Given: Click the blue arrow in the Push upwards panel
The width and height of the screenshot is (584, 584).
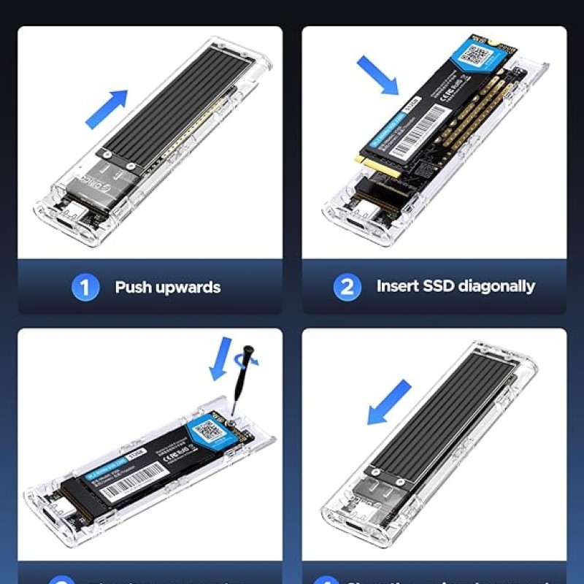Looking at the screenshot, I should click(107, 109).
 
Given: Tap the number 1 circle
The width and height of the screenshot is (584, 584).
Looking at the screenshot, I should click(85, 287).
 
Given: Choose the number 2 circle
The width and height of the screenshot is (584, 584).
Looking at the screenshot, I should click(347, 286).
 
